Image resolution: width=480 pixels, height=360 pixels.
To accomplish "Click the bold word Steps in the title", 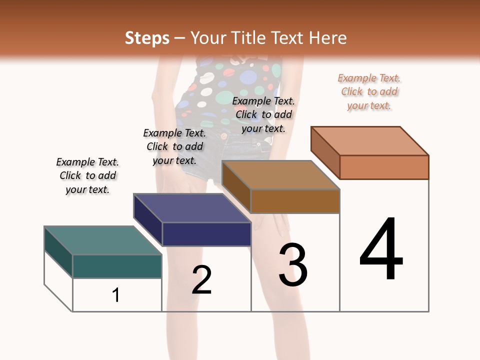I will [x=146, y=38].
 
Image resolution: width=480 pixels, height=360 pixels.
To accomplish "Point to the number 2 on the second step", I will [x=202, y=280].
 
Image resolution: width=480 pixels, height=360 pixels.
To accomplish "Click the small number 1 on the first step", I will [x=116, y=295].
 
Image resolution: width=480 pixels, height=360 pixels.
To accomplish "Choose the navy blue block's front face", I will [x=206, y=234].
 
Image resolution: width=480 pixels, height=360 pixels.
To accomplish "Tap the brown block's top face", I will [x=280, y=175].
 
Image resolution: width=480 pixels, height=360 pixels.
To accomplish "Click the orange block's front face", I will [x=384, y=167].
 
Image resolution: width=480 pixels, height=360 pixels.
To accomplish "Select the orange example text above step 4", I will [x=369, y=91].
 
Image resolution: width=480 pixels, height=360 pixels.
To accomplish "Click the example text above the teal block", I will [x=87, y=175].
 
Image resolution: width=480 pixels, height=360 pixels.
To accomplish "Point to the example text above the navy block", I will [x=174, y=146].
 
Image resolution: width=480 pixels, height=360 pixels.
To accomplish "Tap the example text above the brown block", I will [x=263, y=114].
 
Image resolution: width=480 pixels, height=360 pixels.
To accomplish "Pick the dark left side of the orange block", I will [x=325, y=152].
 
